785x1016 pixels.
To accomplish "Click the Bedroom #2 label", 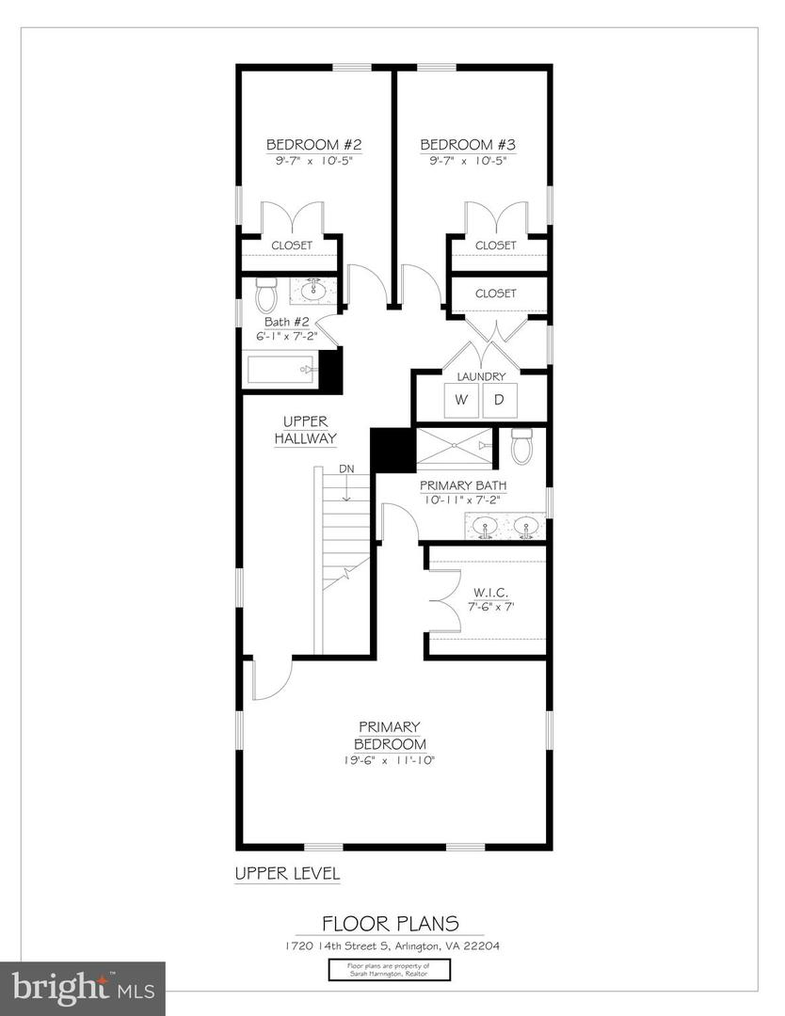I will tap(313, 145).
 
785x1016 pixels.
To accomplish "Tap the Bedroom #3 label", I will tap(468, 145).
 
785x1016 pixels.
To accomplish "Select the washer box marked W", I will tap(461, 400).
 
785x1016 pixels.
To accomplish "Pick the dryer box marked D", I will tap(500, 400).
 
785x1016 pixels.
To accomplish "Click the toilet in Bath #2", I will tap(265, 296).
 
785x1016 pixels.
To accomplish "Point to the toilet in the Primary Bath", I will tap(522, 445).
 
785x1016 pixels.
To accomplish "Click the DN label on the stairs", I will tap(347, 468).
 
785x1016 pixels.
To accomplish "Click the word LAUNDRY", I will tap(481, 376).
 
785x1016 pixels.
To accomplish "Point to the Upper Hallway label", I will tap(305, 430).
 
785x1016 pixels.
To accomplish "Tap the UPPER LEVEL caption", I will tap(287, 874).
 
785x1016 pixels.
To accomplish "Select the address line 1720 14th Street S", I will tap(391, 945).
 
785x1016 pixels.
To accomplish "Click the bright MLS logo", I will tap(82, 989).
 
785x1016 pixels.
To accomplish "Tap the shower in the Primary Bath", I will tap(454, 447).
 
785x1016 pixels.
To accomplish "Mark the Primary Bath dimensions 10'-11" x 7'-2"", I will tap(463, 500).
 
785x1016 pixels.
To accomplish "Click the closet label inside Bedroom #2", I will tap(292, 246).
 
